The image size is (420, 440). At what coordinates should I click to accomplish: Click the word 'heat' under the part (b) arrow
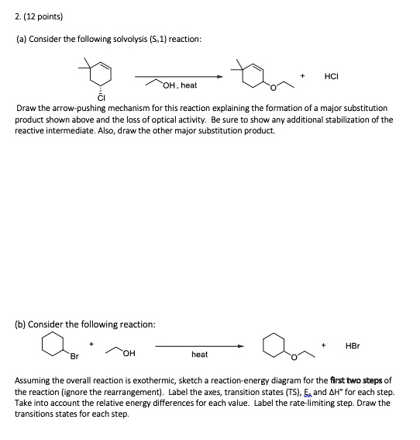tap(199, 355)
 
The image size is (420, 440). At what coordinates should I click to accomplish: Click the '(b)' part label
tap(22, 324)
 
